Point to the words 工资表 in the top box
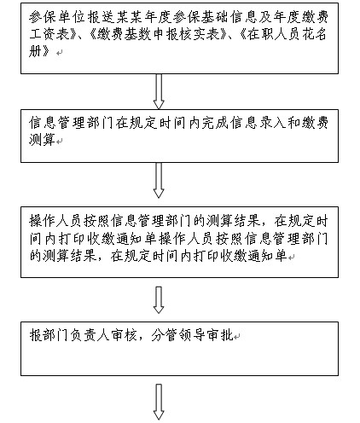click(50, 34)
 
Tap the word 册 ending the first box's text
click(36, 51)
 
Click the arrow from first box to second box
click(159, 91)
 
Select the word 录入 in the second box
click(273, 123)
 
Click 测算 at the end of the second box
click(42, 140)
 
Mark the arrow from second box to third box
click(159, 180)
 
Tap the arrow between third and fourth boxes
click(159, 300)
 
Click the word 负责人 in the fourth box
click(89, 335)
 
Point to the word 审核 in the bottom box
click(123, 335)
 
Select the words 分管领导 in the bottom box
click(177, 335)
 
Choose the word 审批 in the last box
click(219, 335)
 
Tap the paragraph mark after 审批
click(237, 337)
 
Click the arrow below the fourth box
click(159, 402)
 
